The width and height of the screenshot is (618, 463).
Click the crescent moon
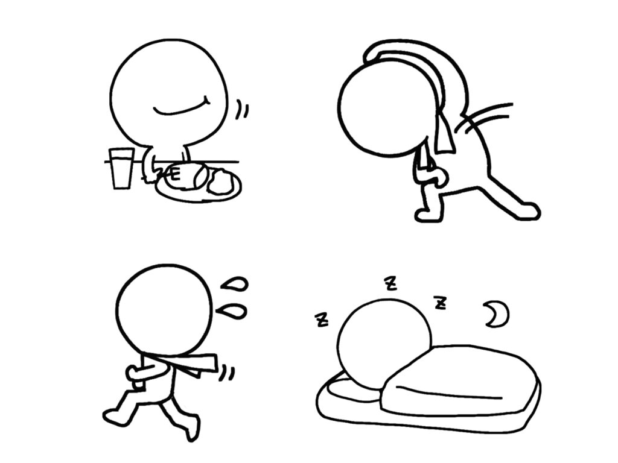pos(497,313)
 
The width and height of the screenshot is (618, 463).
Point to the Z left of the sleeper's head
pos(322,320)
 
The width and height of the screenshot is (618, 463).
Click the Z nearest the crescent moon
pos(440,303)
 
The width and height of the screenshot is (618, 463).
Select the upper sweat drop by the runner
pos(235,285)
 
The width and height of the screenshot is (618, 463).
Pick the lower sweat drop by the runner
pos(232,310)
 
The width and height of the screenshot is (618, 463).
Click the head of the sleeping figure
pos(384,343)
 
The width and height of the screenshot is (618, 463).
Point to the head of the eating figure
pos(170,92)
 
